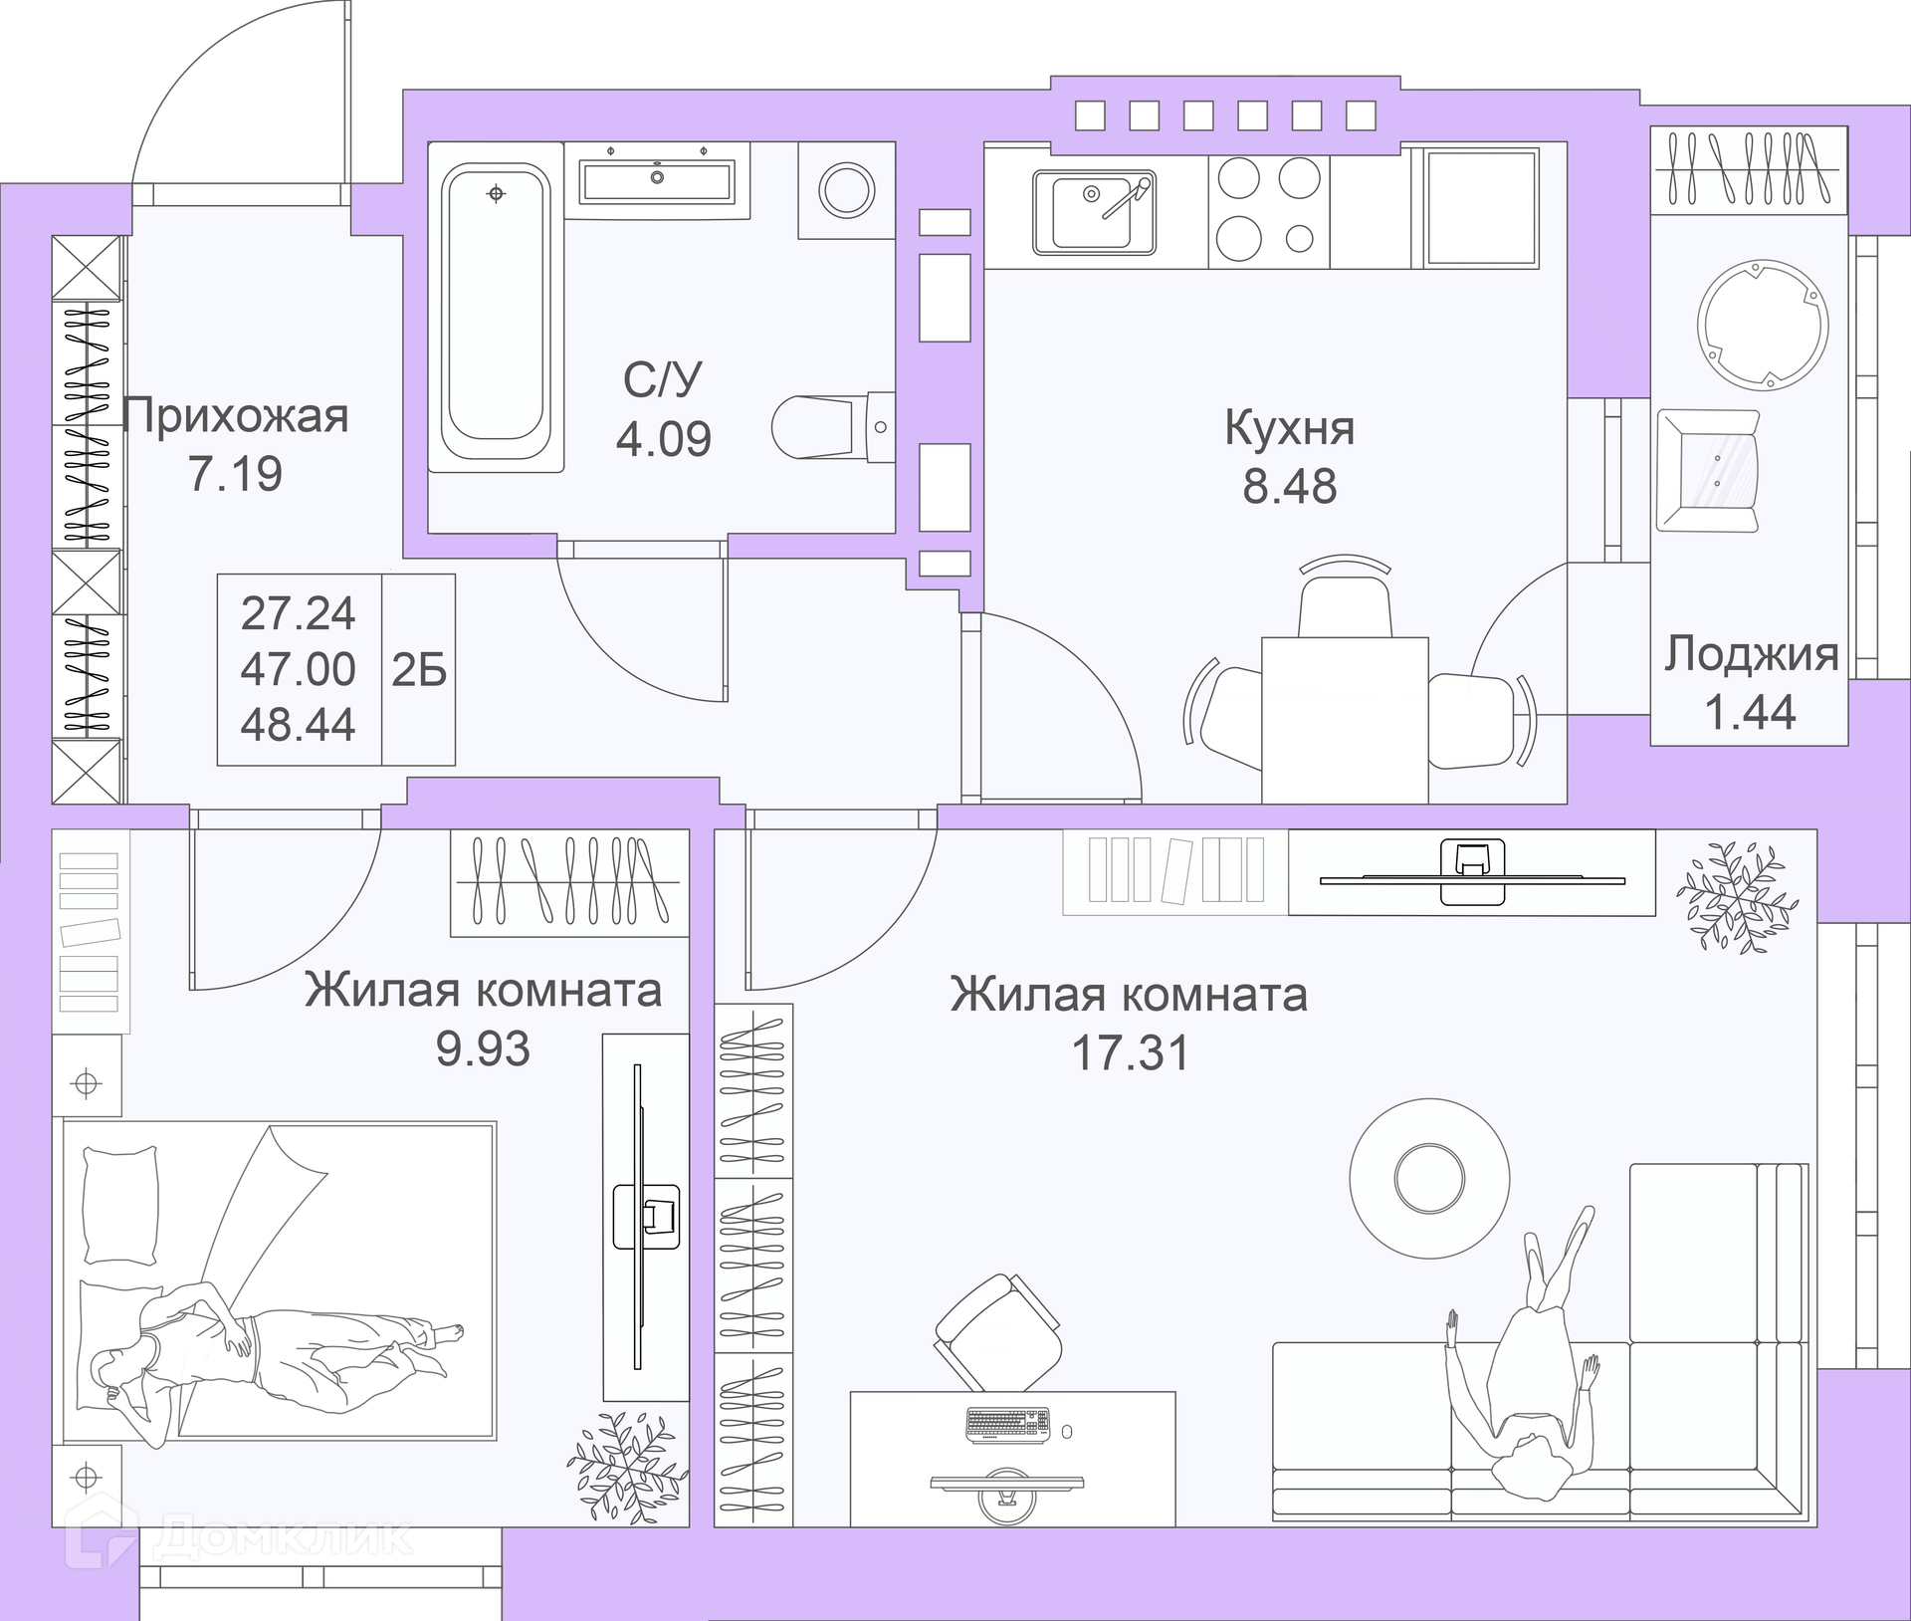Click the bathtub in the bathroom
click(496, 317)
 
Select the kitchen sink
click(1094, 212)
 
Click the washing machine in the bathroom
click(846, 189)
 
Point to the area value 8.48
click(1289, 486)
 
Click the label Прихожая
click(236, 416)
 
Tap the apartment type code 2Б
click(419, 670)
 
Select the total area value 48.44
click(298, 724)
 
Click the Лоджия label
click(1752, 654)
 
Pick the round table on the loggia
click(1762, 325)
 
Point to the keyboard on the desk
click(1007, 1425)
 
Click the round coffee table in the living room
click(1429, 1178)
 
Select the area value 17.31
click(1130, 1052)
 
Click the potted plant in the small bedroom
click(627, 1473)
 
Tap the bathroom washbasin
click(657, 182)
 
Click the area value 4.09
click(664, 439)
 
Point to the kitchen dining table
click(1345, 720)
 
